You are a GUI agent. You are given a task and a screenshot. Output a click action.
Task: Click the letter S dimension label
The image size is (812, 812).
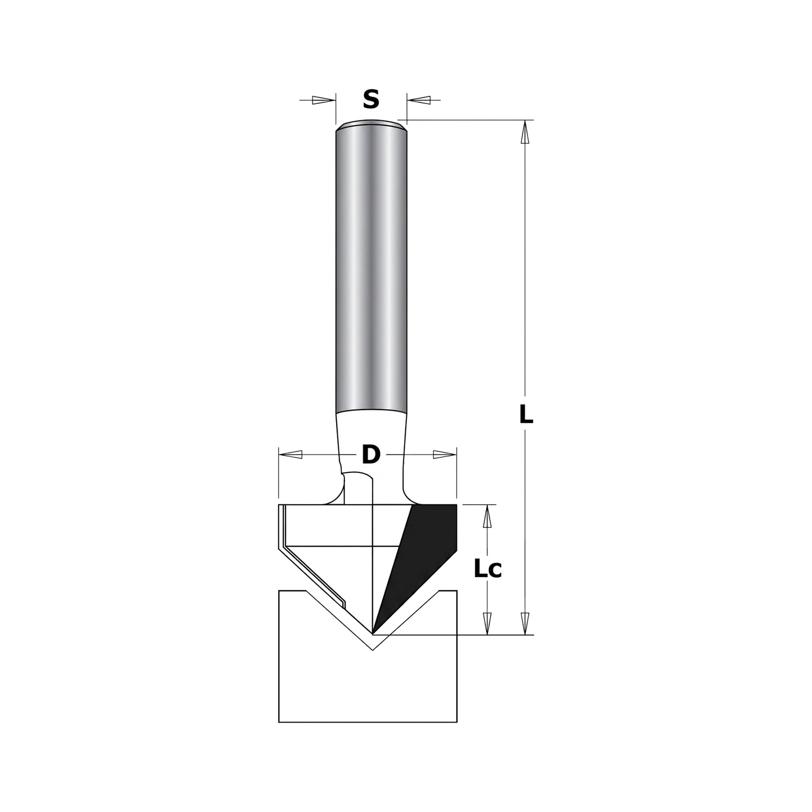click(x=371, y=99)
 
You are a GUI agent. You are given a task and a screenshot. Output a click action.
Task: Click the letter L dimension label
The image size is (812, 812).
click(x=525, y=416)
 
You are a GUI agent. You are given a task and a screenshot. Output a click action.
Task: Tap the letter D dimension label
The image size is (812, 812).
click(x=370, y=455)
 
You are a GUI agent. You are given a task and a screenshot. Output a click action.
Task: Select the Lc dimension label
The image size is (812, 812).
click(x=487, y=570)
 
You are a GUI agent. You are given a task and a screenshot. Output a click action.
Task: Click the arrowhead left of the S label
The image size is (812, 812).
click(x=321, y=100)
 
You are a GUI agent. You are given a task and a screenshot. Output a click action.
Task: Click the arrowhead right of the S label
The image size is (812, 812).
click(x=419, y=100)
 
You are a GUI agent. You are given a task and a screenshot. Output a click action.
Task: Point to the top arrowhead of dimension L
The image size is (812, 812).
click(x=525, y=134)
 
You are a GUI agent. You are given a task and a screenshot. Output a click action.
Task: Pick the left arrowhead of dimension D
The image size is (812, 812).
click(x=291, y=455)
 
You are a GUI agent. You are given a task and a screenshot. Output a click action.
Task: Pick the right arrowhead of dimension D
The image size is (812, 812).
click(x=444, y=455)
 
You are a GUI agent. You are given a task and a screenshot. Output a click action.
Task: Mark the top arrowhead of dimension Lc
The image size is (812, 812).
click(x=488, y=516)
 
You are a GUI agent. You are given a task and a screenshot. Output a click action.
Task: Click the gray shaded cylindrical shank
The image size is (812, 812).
click(x=371, y=270)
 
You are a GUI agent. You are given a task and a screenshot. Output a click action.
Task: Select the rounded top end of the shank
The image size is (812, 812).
click(x=371, y=125)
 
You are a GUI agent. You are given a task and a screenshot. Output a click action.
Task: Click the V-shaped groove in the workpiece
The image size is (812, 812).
click(x=372, y=641)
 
